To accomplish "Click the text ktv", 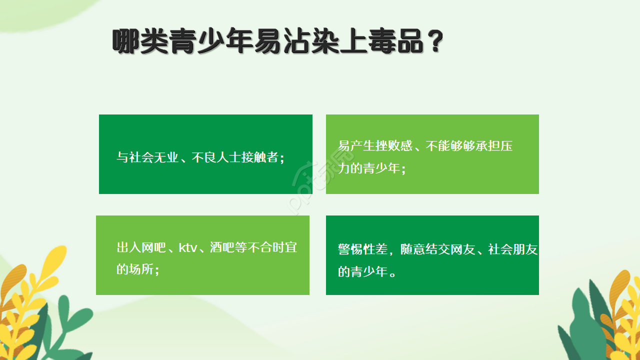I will click(x=188, y=247).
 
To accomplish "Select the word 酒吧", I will click(x=222, y=247).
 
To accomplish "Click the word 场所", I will click(x=141, y=269).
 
